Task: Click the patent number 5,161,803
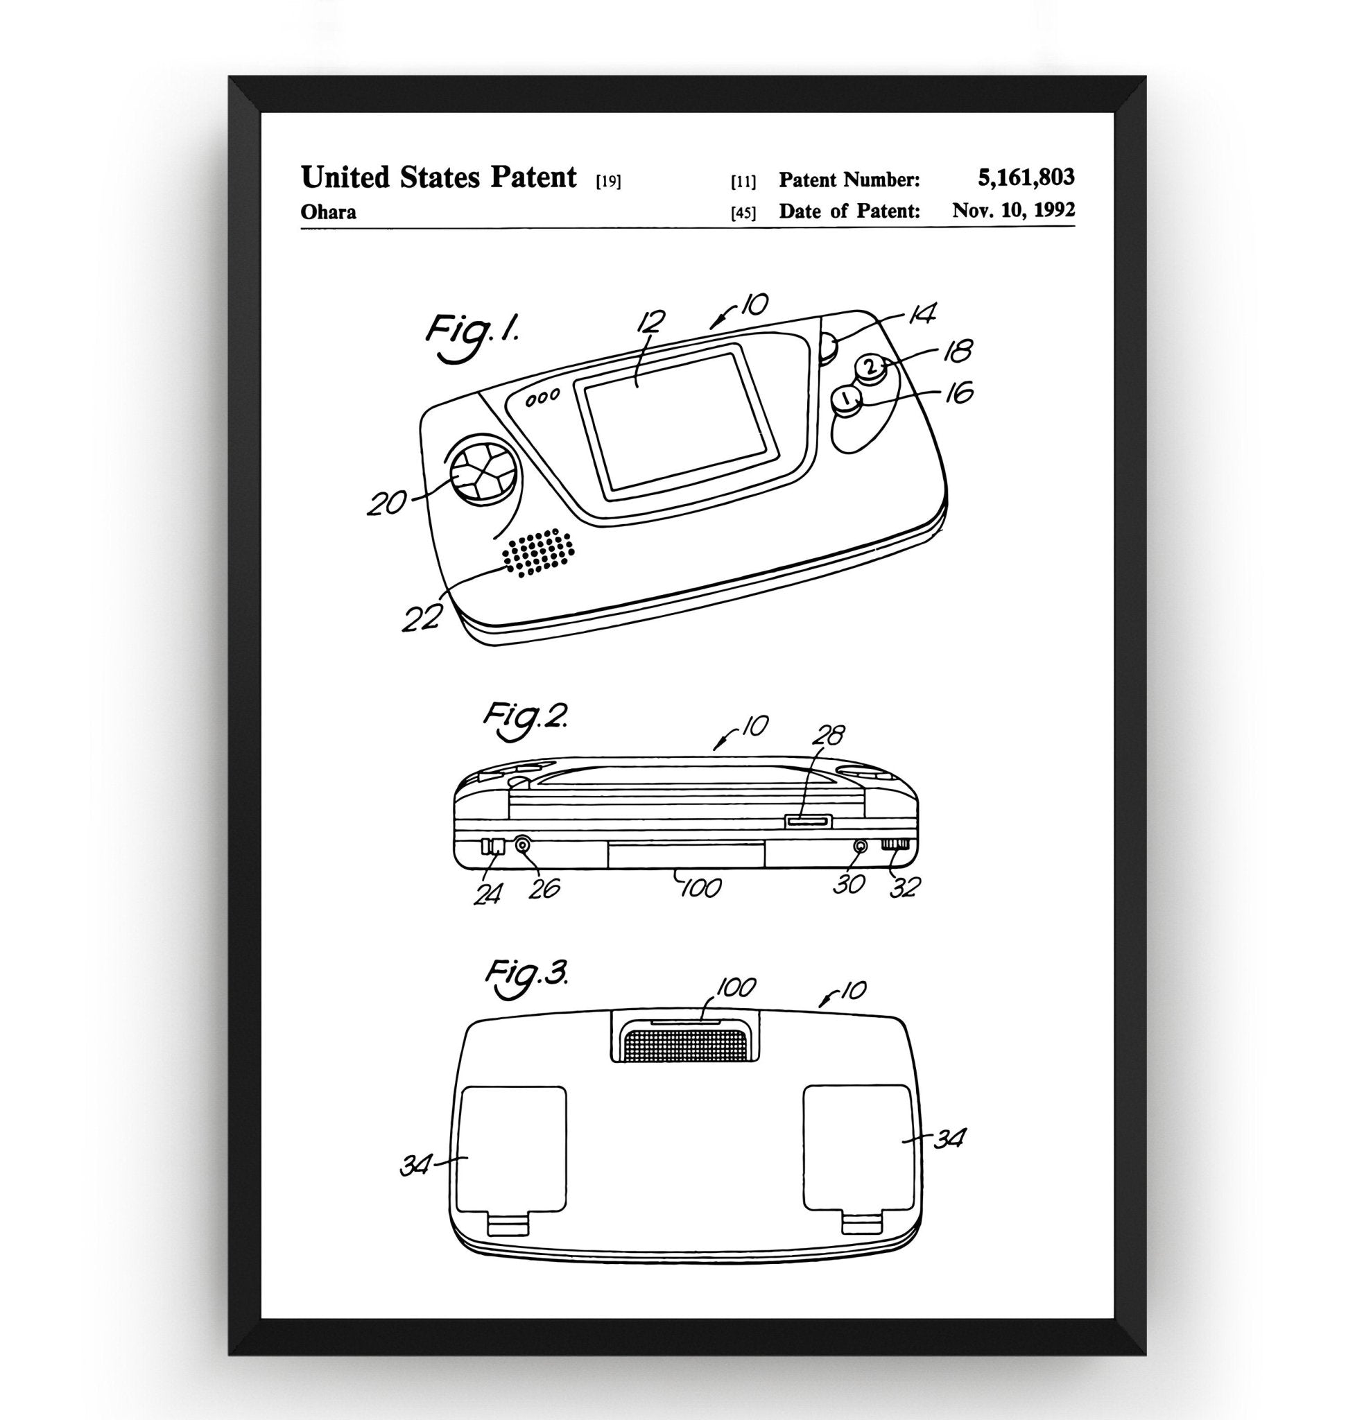point(1026,177)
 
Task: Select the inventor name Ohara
point(328,212)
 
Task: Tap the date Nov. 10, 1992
point(1013,210)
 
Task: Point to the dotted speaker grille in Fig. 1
point(539,552)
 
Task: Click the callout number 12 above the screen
point(650,323)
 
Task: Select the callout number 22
point(421,618)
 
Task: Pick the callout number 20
point(387,503)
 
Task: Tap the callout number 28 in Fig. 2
point(828,735)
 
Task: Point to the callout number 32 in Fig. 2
point(905,887)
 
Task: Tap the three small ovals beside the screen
point(542,398)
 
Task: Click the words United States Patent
point(438,177)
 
